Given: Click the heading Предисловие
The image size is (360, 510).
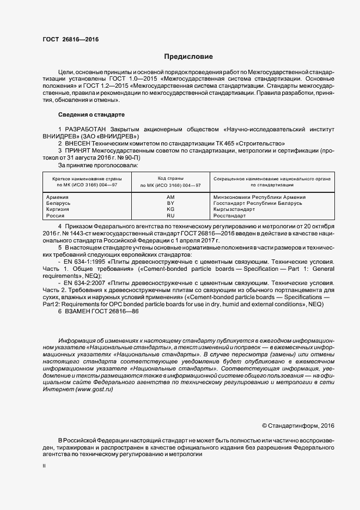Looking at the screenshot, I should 188,57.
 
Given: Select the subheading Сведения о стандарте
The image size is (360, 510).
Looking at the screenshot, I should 91,115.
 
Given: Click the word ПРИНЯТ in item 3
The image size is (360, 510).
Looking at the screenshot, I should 80,150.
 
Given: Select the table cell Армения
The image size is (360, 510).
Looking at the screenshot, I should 58,197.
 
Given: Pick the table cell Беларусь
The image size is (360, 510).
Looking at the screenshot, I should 59,203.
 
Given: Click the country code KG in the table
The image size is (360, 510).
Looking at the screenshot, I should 170,209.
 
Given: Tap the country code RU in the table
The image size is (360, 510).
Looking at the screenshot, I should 170,216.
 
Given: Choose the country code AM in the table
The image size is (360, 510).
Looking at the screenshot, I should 170,197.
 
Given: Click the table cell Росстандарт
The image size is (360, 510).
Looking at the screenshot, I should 230,216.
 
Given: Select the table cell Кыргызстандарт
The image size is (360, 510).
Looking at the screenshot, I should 235,209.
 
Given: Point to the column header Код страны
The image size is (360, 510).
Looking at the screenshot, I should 170,178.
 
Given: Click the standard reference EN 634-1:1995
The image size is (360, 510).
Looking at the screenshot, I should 85,262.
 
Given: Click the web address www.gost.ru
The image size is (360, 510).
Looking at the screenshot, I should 94,390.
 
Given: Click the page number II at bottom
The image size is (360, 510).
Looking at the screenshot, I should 44,466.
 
